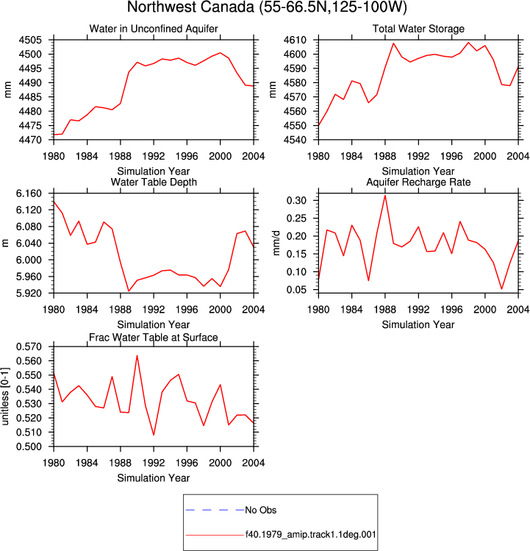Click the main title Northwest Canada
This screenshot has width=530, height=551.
click(x=190, y=7)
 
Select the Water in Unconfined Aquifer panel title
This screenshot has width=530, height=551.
click(x=154, y=29)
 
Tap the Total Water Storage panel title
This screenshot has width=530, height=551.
click(x=418, y=29)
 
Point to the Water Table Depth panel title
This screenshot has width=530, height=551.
click(x=154, y=182)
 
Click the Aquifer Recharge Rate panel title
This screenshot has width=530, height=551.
click(x=418, y=182)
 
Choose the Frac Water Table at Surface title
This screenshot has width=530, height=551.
click(x=154, y=338)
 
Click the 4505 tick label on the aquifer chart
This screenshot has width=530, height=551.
click(x=30, y=40)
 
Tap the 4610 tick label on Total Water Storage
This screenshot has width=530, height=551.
click(x=295, y=40)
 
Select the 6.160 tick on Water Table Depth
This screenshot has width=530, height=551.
click(x=29, y=193)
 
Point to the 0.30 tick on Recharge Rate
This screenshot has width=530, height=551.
click(x=296, y=201)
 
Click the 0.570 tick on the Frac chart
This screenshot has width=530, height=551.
click(x=29, y=346)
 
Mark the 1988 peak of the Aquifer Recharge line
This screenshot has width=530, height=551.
click(x=385, y=196)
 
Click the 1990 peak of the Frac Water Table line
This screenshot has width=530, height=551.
click(x=137, y=355)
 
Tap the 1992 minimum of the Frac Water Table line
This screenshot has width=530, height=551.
click(x=154, y=435)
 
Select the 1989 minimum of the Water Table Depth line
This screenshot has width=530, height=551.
click(x=129, y=291)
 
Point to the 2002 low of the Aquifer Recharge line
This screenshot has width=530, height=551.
click(x=501, y=289)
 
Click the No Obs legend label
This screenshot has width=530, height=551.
click(x=261, y=511)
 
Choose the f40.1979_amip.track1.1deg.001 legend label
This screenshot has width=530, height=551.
click(x=310, y=535)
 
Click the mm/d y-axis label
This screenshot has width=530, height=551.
click(x=276, y=243)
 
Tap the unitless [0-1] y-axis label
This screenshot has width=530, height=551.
click(x=5, y=397)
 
